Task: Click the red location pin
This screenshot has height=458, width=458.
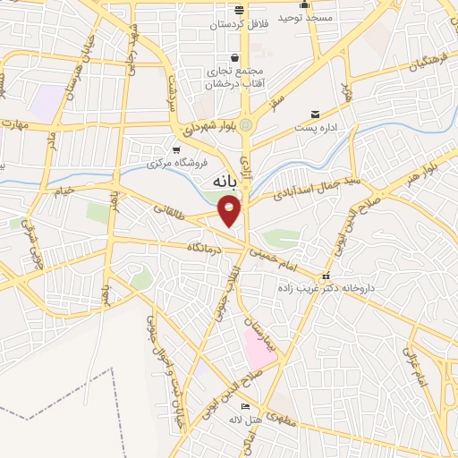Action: (x=230, y=211)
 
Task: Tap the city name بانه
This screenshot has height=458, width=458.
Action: (x=225, y=182)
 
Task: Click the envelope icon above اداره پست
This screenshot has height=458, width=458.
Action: (x=315, y=114)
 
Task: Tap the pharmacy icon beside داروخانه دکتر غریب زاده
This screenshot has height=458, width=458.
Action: (x=327, y=276)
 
